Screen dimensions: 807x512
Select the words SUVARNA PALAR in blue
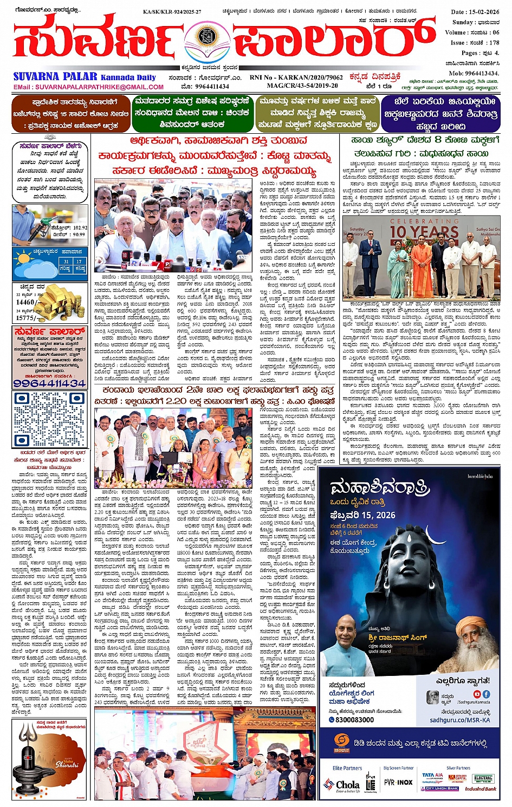click(55, 76)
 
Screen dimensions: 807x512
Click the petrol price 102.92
click(79, 228)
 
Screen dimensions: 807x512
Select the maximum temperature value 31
click(66, 261)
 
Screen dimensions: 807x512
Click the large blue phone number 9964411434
click(49, 383)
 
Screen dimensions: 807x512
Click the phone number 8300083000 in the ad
click(354, 719)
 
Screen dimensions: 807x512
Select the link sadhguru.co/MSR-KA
click(459, 720)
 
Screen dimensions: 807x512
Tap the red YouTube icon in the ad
click(477, 694)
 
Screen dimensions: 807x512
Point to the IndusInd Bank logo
click(480, 789)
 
